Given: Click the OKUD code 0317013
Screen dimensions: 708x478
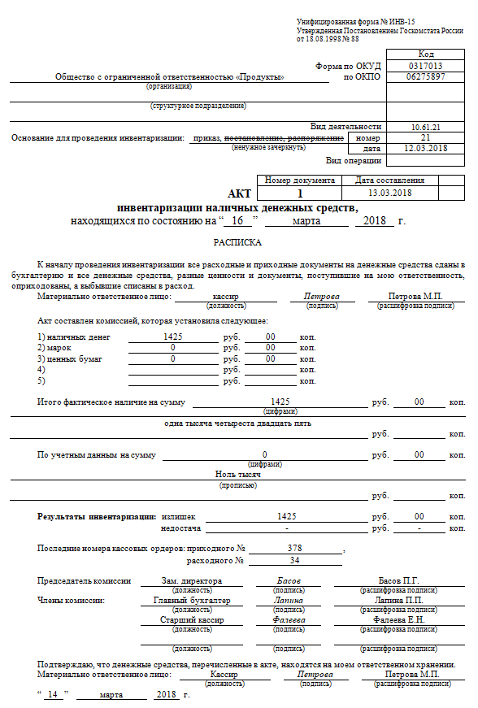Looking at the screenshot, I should [426, 66].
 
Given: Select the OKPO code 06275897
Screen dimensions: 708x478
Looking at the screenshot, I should [426, 76].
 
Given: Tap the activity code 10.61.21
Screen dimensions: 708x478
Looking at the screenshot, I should [426, 127].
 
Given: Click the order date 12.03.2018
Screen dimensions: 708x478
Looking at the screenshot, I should [426, 148].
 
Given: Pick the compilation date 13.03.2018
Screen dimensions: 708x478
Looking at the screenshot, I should [390, 193].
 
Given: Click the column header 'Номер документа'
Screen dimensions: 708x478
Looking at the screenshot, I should [300, 180].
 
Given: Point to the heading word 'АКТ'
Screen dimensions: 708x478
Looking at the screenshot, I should [240, 194].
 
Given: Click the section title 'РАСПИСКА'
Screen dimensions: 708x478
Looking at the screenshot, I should [238, 242].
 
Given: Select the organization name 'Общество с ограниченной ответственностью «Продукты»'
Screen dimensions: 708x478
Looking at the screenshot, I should [169, 77].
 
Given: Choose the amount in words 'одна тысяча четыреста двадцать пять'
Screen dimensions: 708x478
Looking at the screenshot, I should [237, 423].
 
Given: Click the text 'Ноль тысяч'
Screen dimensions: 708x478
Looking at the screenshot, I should [237, 473].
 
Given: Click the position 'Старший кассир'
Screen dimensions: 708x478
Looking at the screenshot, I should [192, 619].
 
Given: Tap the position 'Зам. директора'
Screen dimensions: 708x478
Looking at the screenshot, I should [192, 580].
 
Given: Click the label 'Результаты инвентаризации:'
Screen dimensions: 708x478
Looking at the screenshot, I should [97, 516].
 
